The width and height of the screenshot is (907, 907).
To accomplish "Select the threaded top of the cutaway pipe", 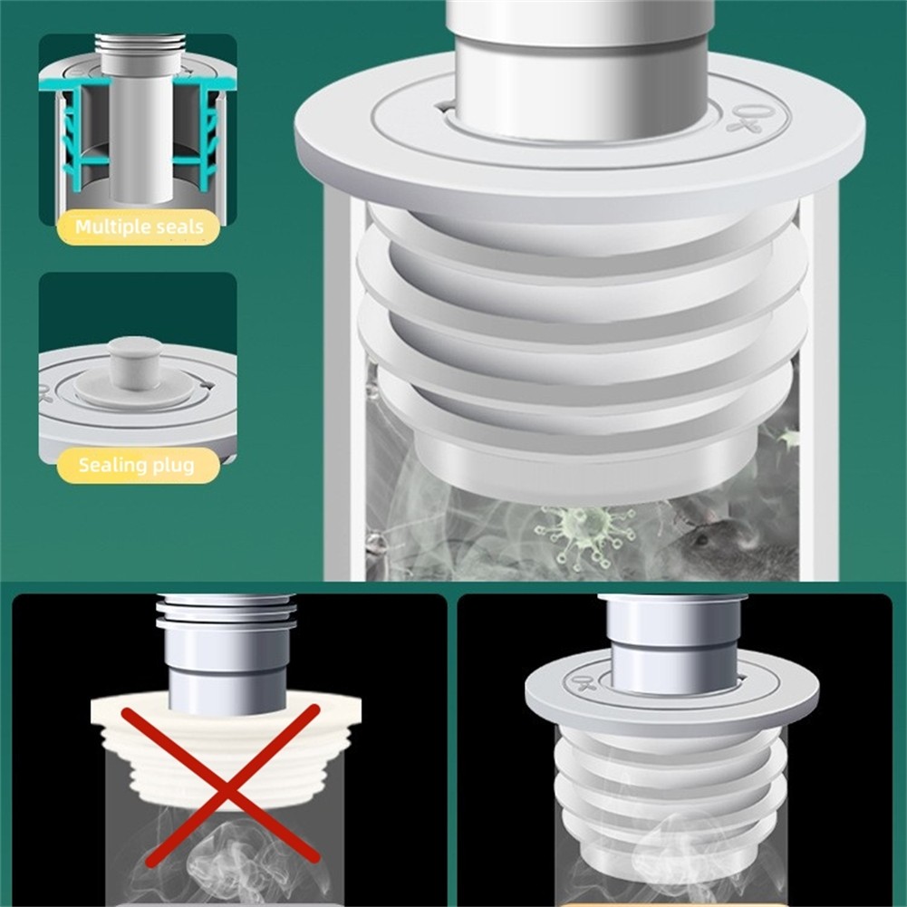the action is [x=140, y=43].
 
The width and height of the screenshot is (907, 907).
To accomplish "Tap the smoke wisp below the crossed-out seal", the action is [x=227, y=856].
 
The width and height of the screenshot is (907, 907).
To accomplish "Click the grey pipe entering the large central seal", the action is [x=582, y=63].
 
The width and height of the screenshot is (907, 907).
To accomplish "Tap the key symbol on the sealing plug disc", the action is [x=45, y=392].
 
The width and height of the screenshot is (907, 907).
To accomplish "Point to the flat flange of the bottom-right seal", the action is [x=672, y=691].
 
